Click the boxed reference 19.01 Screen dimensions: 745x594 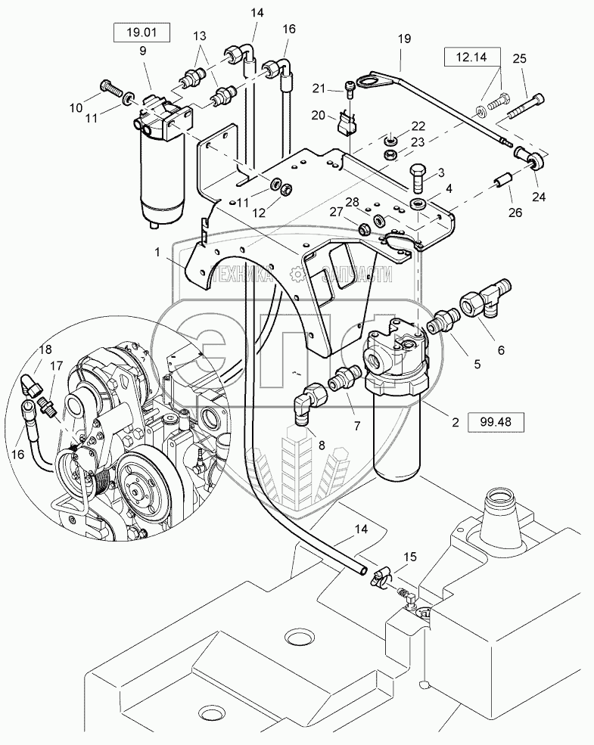coord(142,33)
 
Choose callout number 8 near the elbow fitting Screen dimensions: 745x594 coord(321,446)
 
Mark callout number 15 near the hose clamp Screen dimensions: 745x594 coord(409,557)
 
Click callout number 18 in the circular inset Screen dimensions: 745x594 coord(45,349)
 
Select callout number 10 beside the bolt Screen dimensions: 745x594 coord(98,108)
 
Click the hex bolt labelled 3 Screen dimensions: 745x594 coord(418,177)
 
